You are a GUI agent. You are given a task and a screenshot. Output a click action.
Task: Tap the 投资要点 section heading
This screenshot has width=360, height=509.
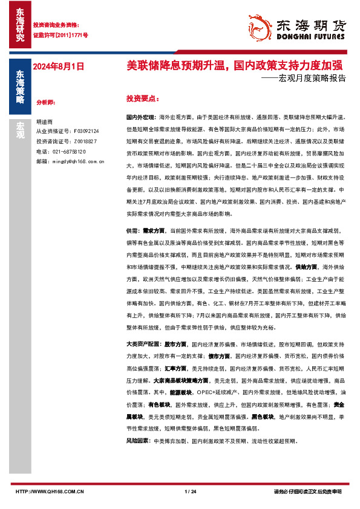tap(142, 98)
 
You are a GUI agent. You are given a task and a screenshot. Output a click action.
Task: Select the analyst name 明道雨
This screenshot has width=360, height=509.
tap(44, 122)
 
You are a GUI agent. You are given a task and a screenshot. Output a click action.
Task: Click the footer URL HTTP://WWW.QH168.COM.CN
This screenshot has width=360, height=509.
tap(50, 491)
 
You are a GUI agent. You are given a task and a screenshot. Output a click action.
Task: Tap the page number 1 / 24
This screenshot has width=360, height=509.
tap(190, 491)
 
